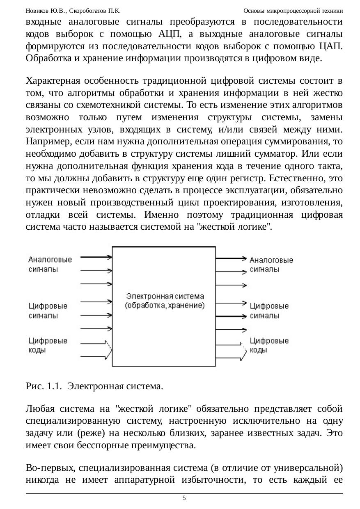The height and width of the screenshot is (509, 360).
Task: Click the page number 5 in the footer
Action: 184,498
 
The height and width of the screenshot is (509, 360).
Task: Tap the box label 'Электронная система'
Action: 165,296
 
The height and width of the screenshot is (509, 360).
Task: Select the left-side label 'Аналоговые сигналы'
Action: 50,265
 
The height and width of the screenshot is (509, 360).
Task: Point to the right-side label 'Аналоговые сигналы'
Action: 271,265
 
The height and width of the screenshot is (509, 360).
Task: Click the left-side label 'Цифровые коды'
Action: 48,345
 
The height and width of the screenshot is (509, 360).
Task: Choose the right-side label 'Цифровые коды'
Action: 269,345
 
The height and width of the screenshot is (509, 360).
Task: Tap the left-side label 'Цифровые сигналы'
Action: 48,311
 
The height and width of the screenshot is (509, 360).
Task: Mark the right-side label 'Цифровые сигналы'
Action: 269,311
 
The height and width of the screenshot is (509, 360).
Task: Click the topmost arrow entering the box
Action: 97,258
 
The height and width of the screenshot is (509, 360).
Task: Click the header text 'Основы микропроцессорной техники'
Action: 293,11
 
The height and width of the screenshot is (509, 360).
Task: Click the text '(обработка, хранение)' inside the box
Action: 164,306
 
